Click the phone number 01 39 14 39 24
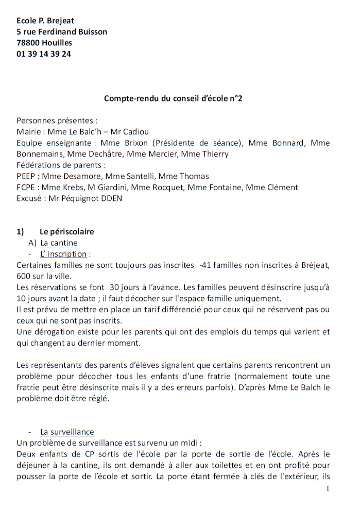click(x=44, y=54)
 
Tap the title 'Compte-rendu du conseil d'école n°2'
click(x=173, y=98)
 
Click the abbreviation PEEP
click(x=26, y=176)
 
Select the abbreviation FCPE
click(x=26, y=187)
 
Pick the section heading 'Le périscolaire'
click(x=66, y=232)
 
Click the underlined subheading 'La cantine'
click(x=59, y=243)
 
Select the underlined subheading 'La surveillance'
click(x=67, y=432)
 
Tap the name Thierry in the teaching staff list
click(x=214, y=154)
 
